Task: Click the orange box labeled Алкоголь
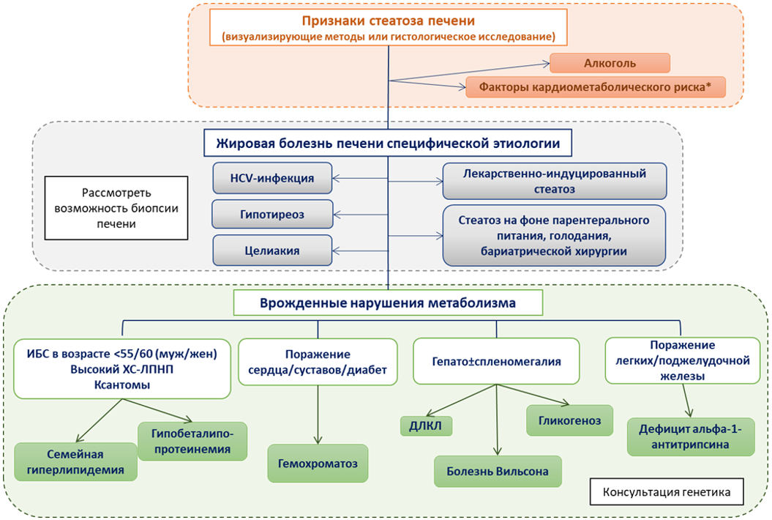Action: pos(610,63)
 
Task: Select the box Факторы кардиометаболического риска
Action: pos(595,87)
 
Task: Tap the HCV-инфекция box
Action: pos(272,178)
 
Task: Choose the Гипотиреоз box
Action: pos(272,215)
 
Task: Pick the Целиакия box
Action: pos(272,250)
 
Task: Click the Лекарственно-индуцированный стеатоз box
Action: pos(555,182)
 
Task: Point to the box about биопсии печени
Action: pos(116,208)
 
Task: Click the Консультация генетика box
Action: pos(667,492)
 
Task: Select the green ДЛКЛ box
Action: pos(426,426)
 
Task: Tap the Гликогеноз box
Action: pos(569,420)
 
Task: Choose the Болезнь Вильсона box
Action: pos(498,471)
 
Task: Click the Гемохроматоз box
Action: pos(318,464)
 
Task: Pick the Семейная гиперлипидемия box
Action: pos(75,462)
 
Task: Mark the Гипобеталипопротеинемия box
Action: pos(192,441)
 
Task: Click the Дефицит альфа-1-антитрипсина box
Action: pos(690,437)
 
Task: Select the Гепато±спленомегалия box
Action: pos(496,361)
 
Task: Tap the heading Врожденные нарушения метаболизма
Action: pos(388,302)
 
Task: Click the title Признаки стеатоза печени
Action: pos(389,21)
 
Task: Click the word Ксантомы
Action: pos(122,385)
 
